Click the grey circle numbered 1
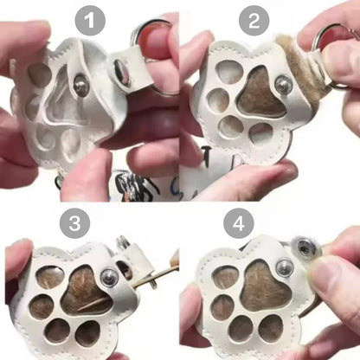click(90, 21)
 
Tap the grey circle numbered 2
click(254, 21)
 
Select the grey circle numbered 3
click(75, 223)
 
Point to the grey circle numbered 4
click(239, 223)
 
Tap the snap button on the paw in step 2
click(283, 83)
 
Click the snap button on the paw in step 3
click(109, 277)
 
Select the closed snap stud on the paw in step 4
click(285, 267)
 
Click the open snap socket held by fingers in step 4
click(305, 247)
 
